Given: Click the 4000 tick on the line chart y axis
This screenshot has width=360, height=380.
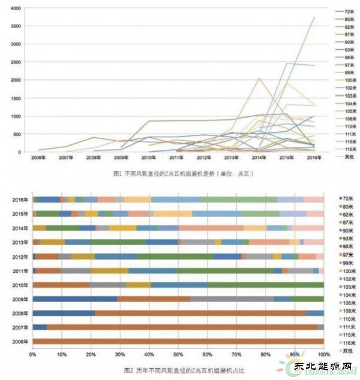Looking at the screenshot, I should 16,8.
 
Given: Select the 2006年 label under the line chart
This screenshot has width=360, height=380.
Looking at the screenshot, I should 38,157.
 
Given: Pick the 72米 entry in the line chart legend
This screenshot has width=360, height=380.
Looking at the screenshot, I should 348,11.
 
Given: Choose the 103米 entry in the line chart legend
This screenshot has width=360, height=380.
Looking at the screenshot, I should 349,96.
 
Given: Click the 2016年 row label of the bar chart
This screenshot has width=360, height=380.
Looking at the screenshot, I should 20,200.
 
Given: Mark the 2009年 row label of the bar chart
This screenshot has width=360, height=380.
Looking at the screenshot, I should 20,298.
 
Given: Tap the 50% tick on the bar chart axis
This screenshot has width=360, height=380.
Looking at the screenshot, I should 178,355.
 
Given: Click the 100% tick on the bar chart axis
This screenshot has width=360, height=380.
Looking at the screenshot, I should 323,355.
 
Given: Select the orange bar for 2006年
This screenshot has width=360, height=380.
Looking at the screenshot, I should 178,341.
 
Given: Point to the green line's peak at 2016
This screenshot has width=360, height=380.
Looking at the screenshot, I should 314,17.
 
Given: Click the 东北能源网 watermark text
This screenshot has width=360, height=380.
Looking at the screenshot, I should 329,365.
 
